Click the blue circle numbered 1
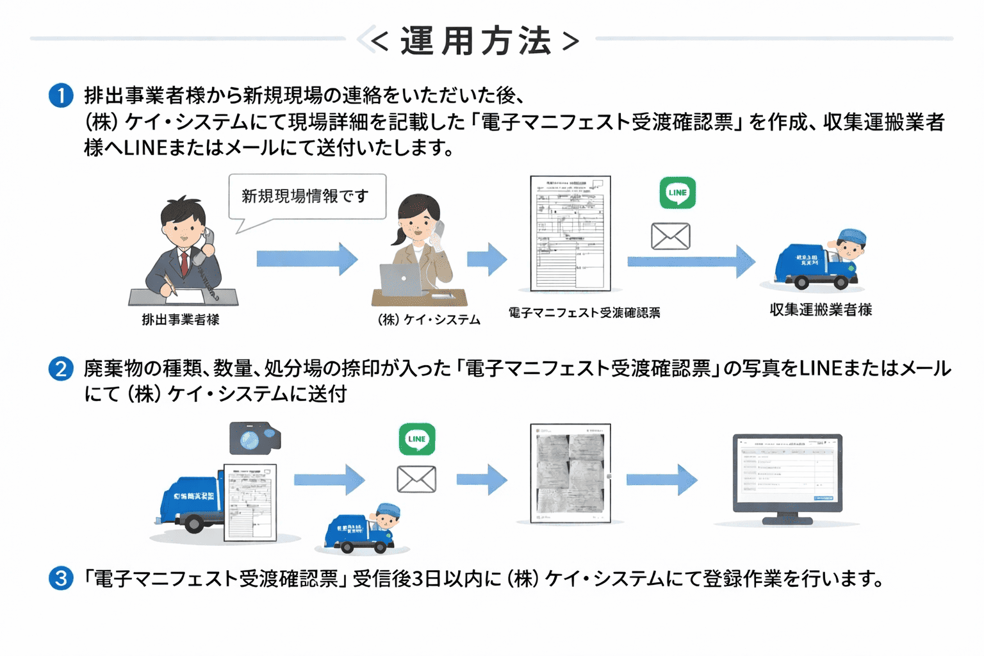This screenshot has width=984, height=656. click(61, 95)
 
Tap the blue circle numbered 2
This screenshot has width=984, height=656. click(61, 368)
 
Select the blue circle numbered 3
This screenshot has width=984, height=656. click(61, 578)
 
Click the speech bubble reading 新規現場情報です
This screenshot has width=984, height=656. click(306, 196)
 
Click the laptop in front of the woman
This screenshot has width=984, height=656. click(402, 280)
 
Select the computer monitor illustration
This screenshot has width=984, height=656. click(787, 475)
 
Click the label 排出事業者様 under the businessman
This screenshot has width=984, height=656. click(181, 319)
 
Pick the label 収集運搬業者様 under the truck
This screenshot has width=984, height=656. click(821, 309)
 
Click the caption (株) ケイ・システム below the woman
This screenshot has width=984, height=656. click(429, 319)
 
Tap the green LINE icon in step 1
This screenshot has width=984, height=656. click(677, 193)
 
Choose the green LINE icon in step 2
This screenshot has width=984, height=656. click(417, 439)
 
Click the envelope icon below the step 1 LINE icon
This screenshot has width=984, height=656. click(670, 236)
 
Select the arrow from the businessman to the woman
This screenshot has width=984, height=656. click(306, 259)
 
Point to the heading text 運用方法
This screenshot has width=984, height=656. click(475, 41)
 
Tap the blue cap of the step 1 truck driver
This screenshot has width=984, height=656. click(852, 236)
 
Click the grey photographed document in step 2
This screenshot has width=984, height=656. click(570, 473)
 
